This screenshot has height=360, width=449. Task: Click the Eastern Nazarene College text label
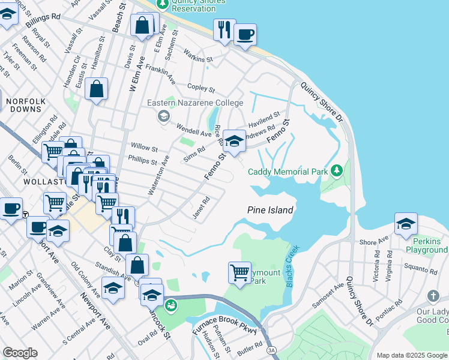195,103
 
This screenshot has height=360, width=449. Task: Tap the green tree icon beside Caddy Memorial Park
337,171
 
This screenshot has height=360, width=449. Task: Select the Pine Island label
270,210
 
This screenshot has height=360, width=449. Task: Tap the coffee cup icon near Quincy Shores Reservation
245,34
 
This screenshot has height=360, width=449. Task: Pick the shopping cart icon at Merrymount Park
240,272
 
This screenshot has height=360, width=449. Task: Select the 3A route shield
272,350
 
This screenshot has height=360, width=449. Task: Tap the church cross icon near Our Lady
433,296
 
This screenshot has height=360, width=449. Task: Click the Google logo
20,353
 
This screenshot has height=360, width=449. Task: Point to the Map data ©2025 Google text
411,355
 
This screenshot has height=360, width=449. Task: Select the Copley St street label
201,88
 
